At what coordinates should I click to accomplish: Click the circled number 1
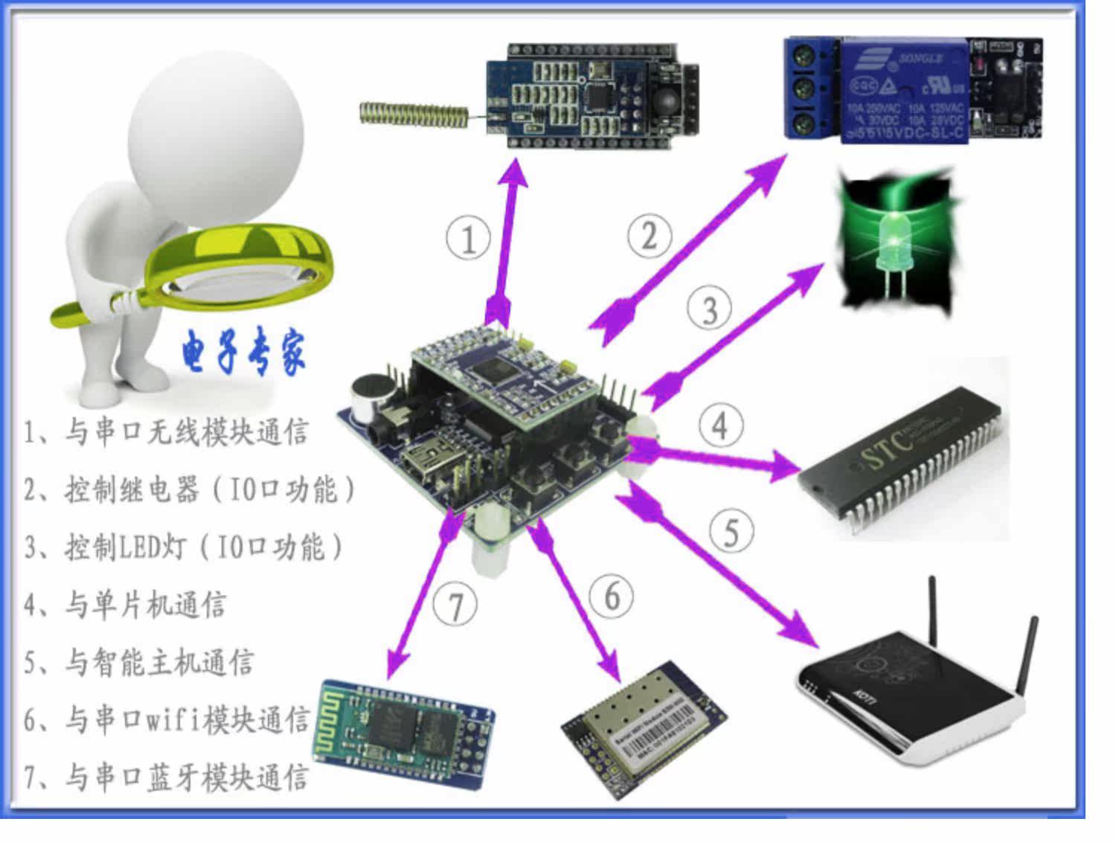coord(468,238)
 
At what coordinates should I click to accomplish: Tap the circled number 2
coord(649,236)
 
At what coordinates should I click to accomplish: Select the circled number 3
coord(709,309)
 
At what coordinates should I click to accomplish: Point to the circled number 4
coord(720,425)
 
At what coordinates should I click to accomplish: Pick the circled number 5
coord(731,531)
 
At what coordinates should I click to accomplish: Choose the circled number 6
coord(612,596)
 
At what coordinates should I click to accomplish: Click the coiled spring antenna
coord(413,113)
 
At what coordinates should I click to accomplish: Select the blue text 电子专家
coord(243,353)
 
